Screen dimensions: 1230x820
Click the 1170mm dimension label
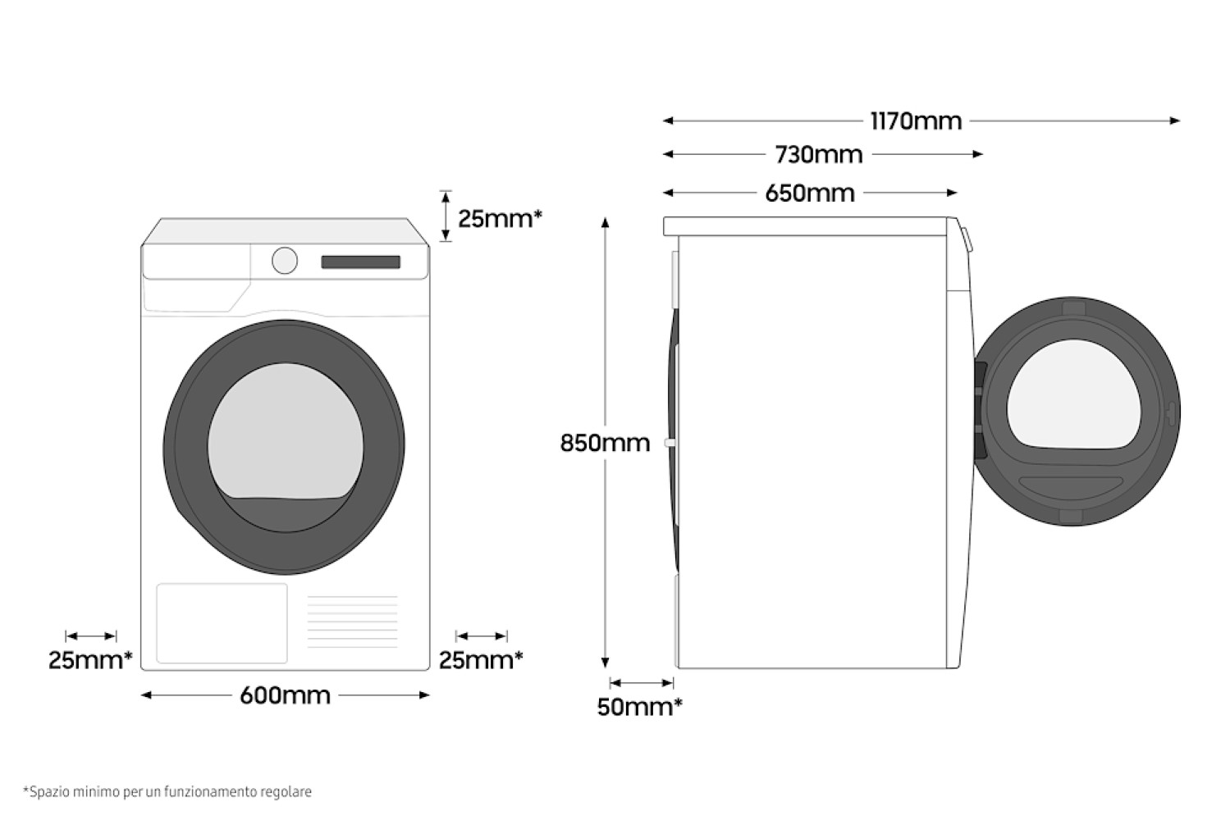(x=916, y=121)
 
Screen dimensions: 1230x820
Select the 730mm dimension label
(x=819, y=155)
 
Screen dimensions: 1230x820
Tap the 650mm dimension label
(x=810, y=194)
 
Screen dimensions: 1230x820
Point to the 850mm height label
(x=605, y=443)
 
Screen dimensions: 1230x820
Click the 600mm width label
(x=285, y=695)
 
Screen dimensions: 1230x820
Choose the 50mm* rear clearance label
(x=640, y=707)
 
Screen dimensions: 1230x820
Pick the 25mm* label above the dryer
(x=500, y=218)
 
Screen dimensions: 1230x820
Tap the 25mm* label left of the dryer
(x=90, y=660)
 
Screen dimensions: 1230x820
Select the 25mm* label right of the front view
(x=481, y=660)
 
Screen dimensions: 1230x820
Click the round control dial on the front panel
(x=285, y=261)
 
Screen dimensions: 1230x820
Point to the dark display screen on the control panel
(x=361, y=262)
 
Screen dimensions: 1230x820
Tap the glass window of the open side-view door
(x=1074, y=394)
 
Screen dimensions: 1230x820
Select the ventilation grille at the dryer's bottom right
(x=352, y=622)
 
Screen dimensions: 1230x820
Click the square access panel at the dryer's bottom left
(x=222, y=623)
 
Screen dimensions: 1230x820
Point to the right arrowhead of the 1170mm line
(x=1174, y=121)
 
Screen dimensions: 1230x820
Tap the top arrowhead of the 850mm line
(x=605, y=222)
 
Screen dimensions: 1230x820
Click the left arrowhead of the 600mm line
(x=146, y=695)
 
